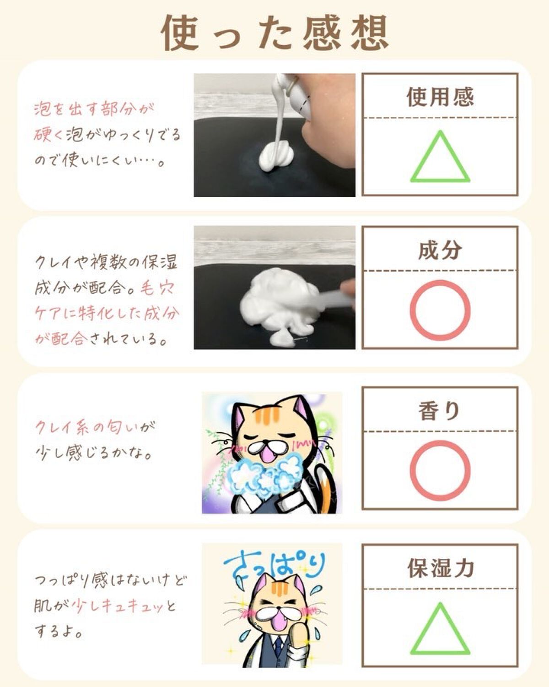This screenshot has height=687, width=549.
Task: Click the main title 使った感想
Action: [x=275, y=33]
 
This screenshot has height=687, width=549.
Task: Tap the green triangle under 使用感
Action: [x=440, y=157]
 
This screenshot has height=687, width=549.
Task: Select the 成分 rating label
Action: [x=440, y=250]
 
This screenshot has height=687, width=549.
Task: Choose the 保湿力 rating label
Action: [x=441, y=568]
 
